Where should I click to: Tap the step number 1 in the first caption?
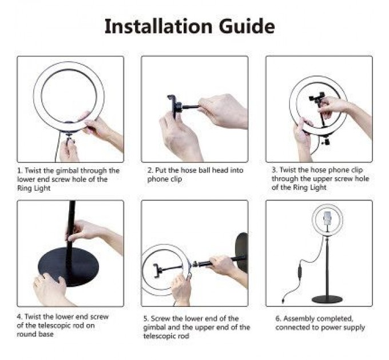19,170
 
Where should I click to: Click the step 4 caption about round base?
66,325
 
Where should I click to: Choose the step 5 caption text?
195,327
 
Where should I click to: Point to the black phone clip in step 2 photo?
172,106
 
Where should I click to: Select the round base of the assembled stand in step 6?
327,299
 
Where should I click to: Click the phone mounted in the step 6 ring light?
327,218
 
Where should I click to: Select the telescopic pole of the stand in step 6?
327,263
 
